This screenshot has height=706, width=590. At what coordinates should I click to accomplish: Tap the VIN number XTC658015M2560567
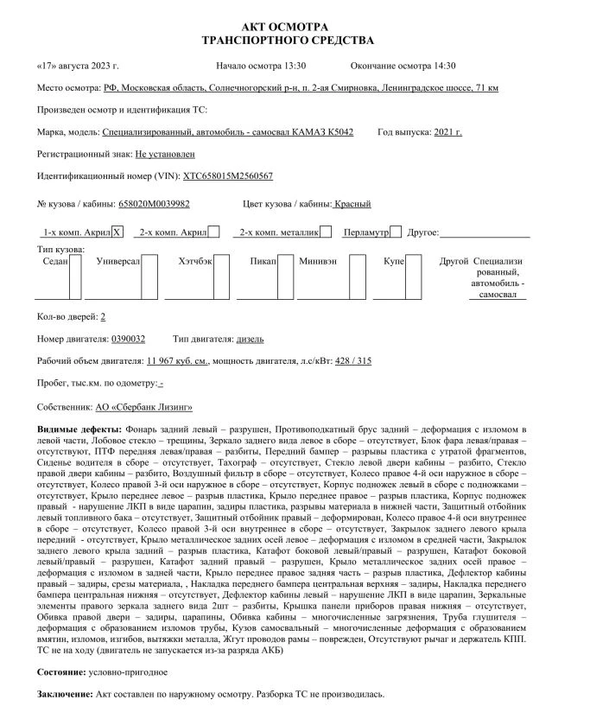tap(227, 175)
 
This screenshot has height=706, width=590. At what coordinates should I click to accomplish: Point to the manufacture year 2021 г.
tap(446, 131)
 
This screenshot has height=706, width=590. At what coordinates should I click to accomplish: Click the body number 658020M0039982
tap(154, 204)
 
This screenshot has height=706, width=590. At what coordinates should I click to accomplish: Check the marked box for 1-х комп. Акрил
tap(118, 232)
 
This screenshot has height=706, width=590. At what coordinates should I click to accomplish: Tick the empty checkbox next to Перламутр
tap(396, 232)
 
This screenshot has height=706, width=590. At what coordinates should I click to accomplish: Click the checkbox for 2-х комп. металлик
tap(327, 232)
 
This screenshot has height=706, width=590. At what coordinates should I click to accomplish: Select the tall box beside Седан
tap(76, 276)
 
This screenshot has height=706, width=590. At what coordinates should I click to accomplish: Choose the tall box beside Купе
tap(413, 276)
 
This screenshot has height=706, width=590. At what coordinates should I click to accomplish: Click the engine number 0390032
tap(129, 339)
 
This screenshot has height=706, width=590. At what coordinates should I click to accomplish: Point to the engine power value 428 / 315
tap(353, 360)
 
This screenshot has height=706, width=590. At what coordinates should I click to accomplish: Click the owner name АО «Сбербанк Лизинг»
tap(144, 406)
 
